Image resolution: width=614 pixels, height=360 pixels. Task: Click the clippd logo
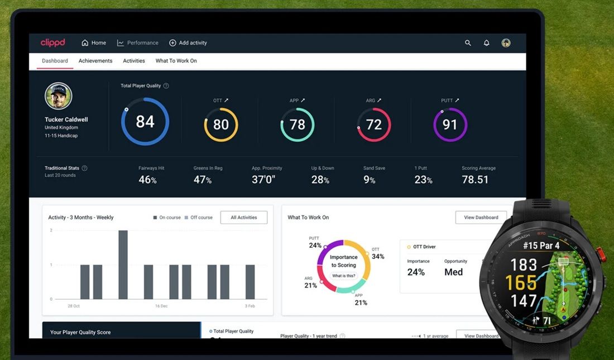click(x=53, y=42)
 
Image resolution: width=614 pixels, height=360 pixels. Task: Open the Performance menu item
click(x=137, y=43)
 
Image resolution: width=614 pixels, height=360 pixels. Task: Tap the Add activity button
click(x=188, y=43)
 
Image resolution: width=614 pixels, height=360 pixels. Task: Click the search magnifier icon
click(x=468, y=43)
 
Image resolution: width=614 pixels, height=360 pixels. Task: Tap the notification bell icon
click(x=486, y=43)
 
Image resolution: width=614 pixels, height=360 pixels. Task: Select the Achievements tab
click(x=95, y=61)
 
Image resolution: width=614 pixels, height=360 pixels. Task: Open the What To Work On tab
click(x=176, y=61)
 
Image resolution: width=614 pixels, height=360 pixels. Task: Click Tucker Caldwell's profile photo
click(x=59, y=96)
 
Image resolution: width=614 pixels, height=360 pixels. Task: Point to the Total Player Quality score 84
click(x=145, y=122)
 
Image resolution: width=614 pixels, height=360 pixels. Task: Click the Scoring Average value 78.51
click(x=475, y=179)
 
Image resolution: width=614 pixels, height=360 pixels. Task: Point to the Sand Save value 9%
click(x=370, y=179)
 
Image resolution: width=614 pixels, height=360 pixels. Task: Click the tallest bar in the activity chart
click(x=123, y=265)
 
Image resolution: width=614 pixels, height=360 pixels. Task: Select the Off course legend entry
click(x=199, y=218)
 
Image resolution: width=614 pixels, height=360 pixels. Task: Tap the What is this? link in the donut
click(x=343, y=276)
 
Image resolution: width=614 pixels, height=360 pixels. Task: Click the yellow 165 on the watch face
click(x=521, y=282)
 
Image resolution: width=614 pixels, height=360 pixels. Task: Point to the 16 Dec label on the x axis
click(x=161, y=306)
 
